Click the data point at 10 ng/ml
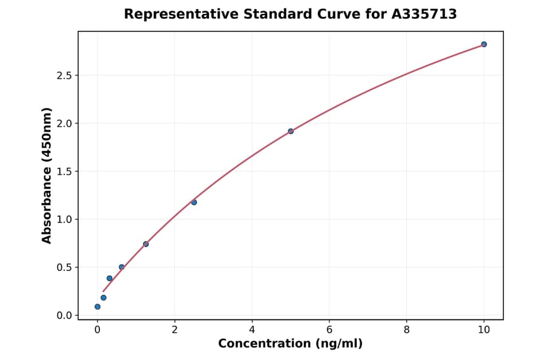point(484,44)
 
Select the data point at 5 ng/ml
point(291,131)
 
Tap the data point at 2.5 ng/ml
point(194,202)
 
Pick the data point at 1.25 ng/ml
point(146,244)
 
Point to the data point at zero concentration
point(97,307)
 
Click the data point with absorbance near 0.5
point(122,267)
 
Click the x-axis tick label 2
point(175,330)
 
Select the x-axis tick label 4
point(252,330)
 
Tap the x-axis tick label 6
point(329,330)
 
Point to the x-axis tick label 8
point(406,330)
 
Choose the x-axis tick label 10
point(484,330)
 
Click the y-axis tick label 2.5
point(65,76)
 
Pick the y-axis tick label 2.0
point(65,124)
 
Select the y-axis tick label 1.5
point(65,172)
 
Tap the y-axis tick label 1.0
point(65,219)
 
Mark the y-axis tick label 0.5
point(65,267)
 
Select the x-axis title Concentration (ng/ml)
point(290,344)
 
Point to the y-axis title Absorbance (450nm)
point(47,176)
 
